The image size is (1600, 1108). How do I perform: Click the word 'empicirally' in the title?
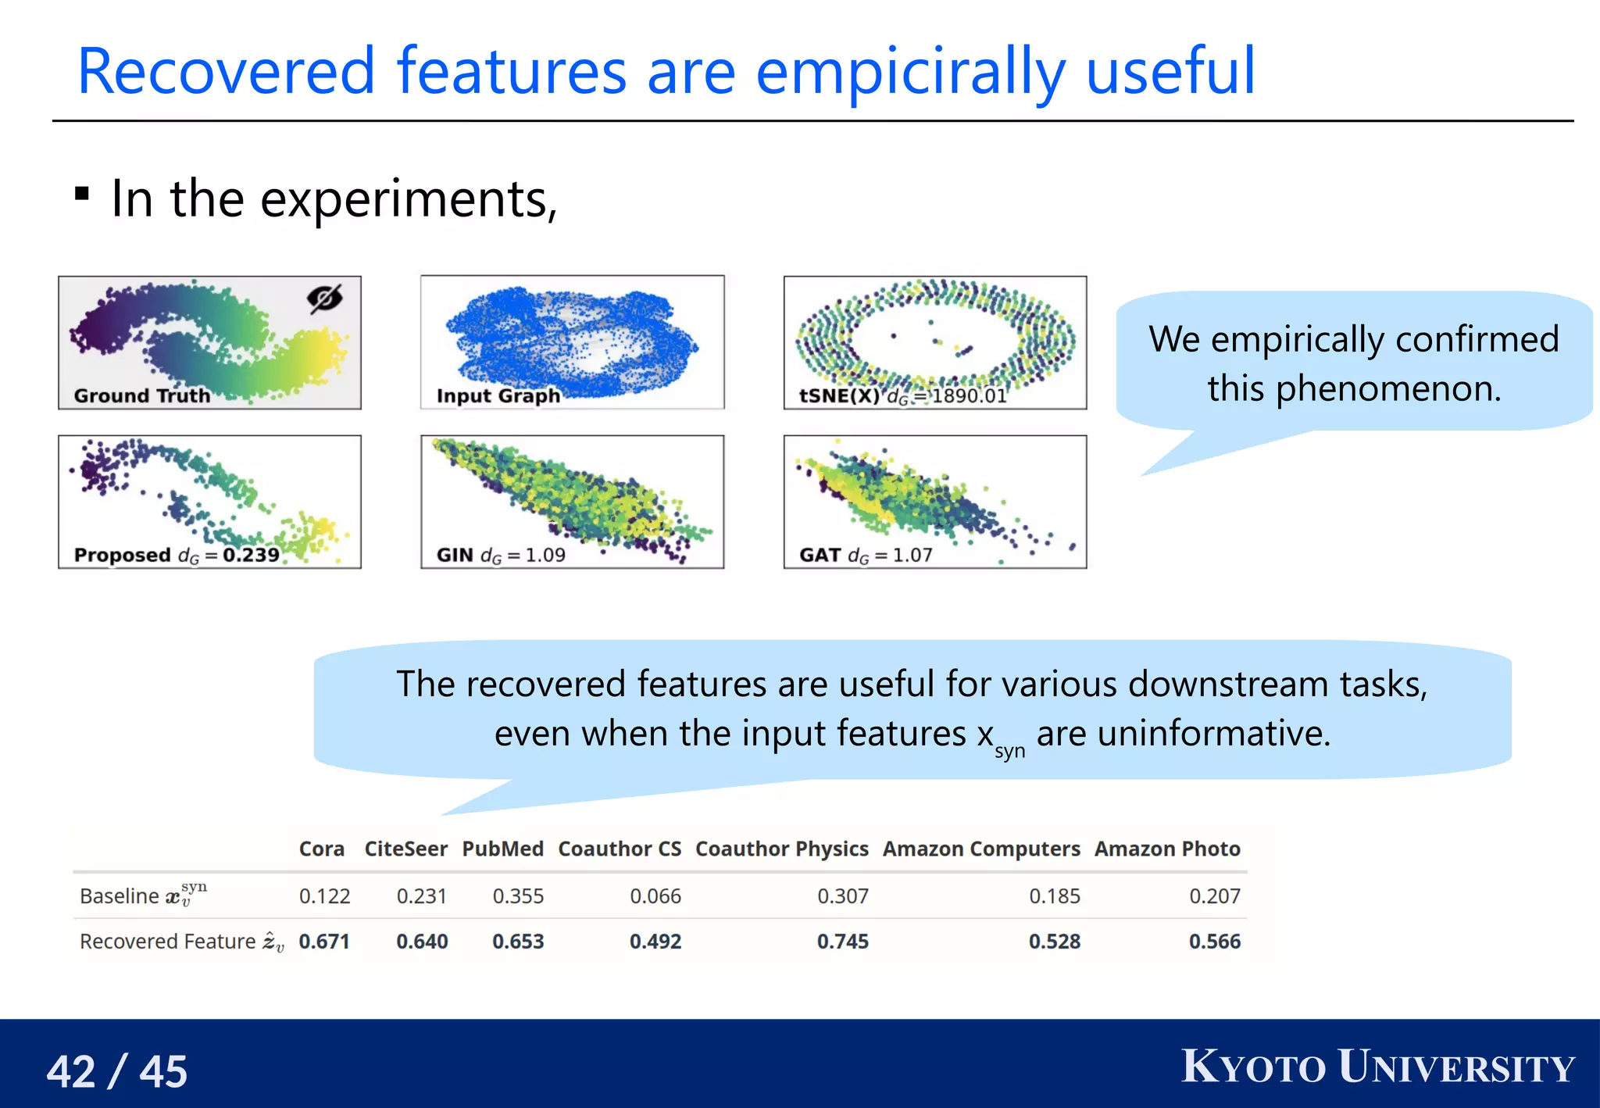click(911, 73)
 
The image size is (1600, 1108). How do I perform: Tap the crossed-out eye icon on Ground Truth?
click(324, 298)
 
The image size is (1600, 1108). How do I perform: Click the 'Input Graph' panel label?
click(498, 395)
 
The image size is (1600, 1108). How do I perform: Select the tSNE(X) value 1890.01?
click(969, 396)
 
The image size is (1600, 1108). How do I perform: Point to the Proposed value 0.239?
click(251, 555)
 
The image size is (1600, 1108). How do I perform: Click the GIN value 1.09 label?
click(545, 555)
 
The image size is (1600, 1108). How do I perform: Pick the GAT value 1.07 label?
click(912, 555)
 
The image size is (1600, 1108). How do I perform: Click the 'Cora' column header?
click(321, 849)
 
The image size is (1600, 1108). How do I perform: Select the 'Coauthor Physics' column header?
click(781, 849)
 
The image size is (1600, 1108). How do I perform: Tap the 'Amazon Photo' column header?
click(1166, 849)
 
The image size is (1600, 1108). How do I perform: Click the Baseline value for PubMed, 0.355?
click(517, 895)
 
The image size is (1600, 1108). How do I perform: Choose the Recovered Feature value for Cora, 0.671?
click(323, 941)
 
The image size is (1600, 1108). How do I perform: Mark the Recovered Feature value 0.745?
click(842, 941)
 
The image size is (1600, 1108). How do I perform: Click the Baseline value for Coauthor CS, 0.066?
click(655, 895)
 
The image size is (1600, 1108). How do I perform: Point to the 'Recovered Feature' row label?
click(168, 941)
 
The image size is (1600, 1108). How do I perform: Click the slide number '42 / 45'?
click(117, 1070)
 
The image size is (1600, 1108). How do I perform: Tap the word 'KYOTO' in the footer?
click(1253, 1067)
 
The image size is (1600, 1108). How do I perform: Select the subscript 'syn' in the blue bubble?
click(1009, 751)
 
